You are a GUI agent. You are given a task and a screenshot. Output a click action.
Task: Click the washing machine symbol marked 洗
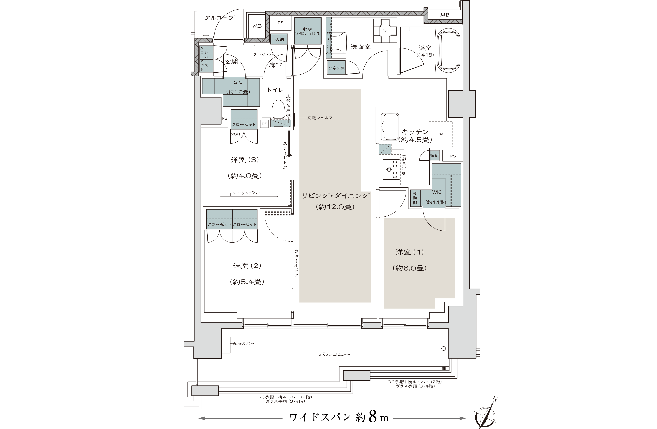(385, 31)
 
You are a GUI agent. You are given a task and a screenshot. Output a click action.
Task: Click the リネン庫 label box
(336, 68)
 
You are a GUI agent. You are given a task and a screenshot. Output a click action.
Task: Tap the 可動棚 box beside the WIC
(415, 198)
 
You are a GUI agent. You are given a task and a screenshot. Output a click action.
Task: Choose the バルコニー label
(335, 354)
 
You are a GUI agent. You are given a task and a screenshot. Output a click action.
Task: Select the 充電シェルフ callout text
(320, 118)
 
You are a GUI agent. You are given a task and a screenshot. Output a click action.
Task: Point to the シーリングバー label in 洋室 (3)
(247, 193)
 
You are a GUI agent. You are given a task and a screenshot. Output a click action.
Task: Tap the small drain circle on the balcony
(443, 348)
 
